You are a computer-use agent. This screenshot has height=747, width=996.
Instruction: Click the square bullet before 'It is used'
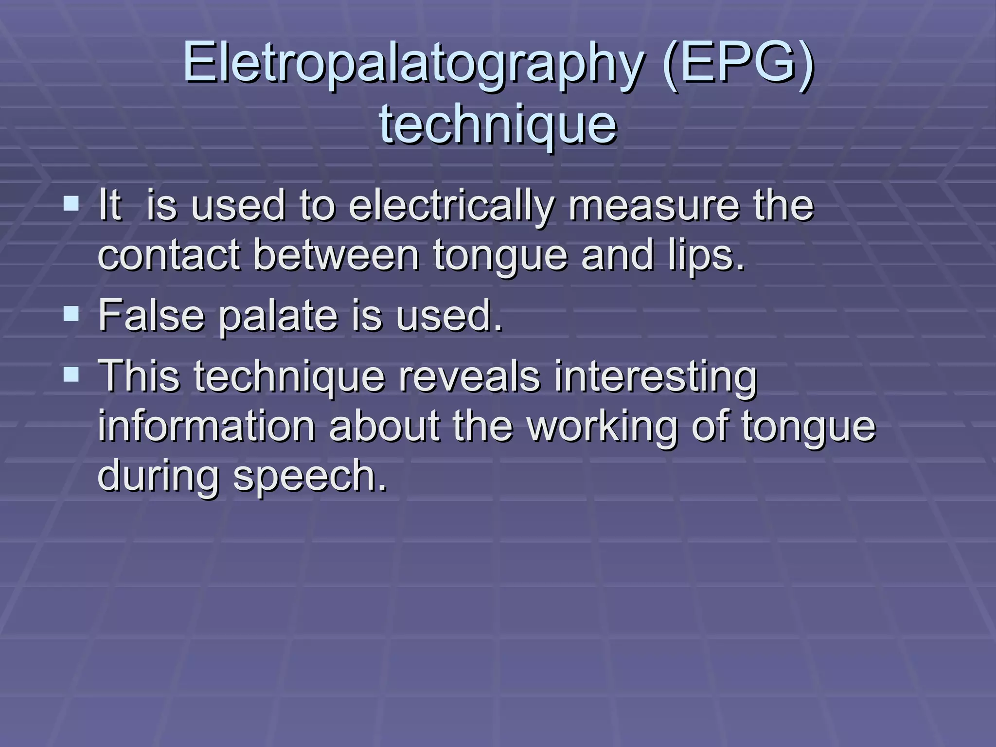[71, 202]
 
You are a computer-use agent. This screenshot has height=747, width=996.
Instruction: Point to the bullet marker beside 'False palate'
[71, 313]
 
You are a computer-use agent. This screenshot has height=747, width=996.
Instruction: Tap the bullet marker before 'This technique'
[71, 373]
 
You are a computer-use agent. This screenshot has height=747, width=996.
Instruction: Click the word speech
[310, 477]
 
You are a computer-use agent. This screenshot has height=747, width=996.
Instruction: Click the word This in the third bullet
[139, 376]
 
